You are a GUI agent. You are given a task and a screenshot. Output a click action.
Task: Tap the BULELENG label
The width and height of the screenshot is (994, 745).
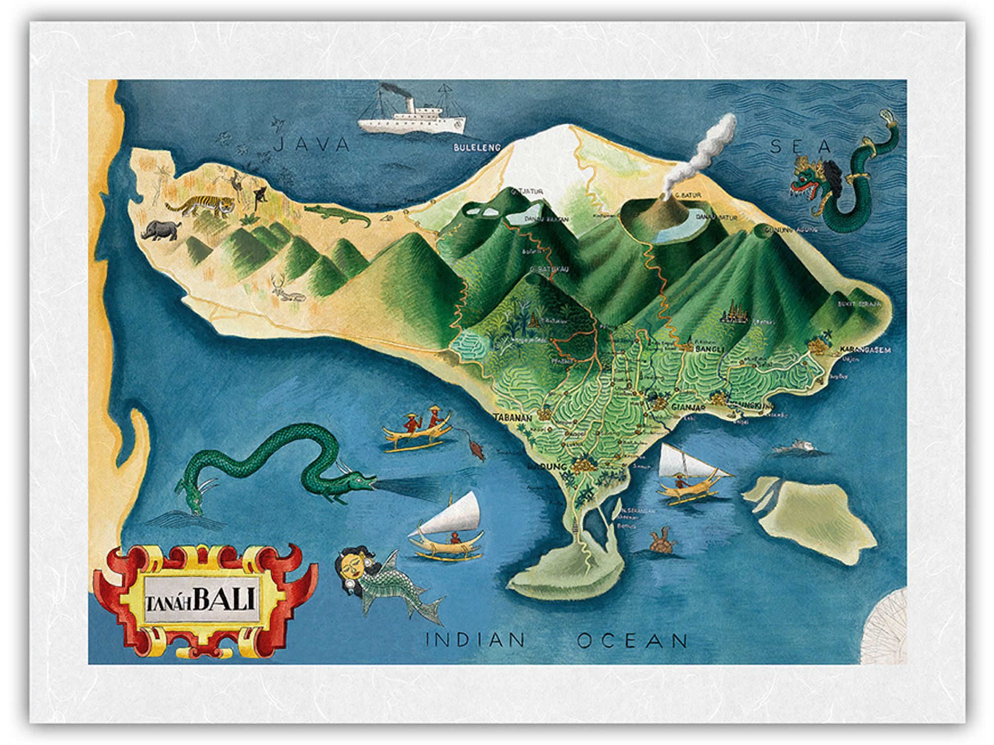(x=477, y=147)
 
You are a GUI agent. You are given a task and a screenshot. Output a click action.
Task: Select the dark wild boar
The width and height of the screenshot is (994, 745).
(x=160, y=230)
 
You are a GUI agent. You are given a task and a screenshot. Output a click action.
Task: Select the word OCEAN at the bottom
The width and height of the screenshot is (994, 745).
(x=633, y=641)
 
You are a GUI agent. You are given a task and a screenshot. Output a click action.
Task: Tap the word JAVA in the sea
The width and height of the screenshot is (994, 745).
(x=312, y=144)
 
